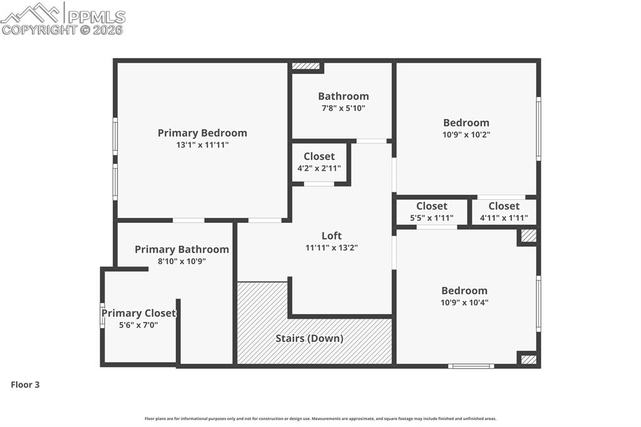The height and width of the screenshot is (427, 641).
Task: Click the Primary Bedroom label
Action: click(202, 133)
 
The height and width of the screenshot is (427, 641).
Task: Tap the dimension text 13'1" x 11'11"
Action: click(202, 145)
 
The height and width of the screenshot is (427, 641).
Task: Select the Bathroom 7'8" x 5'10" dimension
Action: click(343, 108)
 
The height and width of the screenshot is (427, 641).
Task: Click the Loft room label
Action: click(331, 235)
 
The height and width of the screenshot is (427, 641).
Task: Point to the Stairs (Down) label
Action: click(309, 338)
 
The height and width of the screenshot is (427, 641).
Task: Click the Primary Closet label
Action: click(138, 313)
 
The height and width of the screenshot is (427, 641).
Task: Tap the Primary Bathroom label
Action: click(182, 249)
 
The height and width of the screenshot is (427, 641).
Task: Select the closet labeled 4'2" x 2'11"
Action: click(319, 162)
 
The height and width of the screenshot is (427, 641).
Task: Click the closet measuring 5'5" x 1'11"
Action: click(432, 212)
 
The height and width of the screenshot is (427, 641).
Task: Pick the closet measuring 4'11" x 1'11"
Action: click(504, 212)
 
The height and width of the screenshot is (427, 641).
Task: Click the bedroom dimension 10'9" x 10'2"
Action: click(466, 135)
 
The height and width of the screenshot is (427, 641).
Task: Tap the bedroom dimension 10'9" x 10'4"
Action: click(464, 302)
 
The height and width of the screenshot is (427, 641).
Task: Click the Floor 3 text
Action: click(25, 384)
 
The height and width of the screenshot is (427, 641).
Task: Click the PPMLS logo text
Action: click(96, 17)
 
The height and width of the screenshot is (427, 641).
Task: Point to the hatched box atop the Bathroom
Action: click(305, 66)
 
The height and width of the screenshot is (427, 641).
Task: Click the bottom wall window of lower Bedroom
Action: click(471, 366)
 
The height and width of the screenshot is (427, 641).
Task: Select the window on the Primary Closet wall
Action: click(102, 316)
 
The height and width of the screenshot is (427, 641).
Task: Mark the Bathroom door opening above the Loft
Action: click(372, 141)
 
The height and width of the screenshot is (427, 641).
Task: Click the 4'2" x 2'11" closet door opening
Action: click(319, 184)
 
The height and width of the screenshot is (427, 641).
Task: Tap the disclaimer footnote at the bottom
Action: click(320, 419)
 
